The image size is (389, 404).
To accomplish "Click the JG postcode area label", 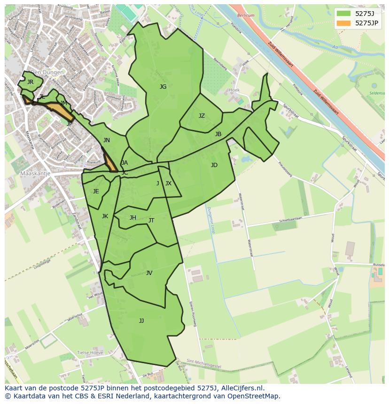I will pos(163,87).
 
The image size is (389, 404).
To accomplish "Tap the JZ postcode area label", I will pos(202,116).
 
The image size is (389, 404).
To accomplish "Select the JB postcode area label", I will pos(218,134).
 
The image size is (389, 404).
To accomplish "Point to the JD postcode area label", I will pos(214,165).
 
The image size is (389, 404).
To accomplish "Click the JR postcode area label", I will pos(31,82).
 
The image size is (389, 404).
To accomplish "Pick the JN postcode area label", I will pos(107,140).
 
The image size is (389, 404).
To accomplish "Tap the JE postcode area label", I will pos(96,191).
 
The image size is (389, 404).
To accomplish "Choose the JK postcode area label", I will pos(105,216).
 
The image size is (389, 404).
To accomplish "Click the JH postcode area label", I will pos(133,218).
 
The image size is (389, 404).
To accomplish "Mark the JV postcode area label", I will pos(149,273).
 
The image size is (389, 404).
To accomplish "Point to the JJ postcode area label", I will pos(141,321).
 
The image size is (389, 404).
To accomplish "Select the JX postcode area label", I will pos(168,183).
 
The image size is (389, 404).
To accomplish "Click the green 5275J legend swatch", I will pos(343,14).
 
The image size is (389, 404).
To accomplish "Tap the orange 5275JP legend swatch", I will pos(343,23).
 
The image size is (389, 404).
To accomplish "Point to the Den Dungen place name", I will pos(47,73).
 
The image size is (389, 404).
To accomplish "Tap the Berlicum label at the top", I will pos(246,15).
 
